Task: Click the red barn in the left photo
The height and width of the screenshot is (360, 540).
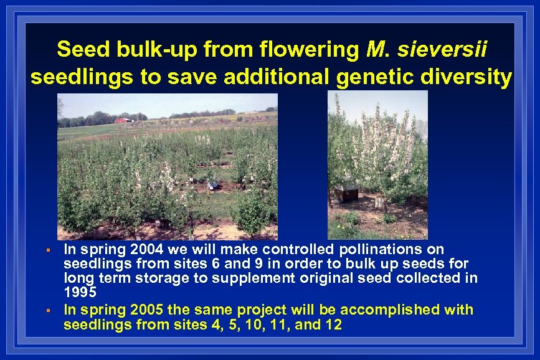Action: point(123,120)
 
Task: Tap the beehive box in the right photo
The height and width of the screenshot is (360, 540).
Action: point(346,192)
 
